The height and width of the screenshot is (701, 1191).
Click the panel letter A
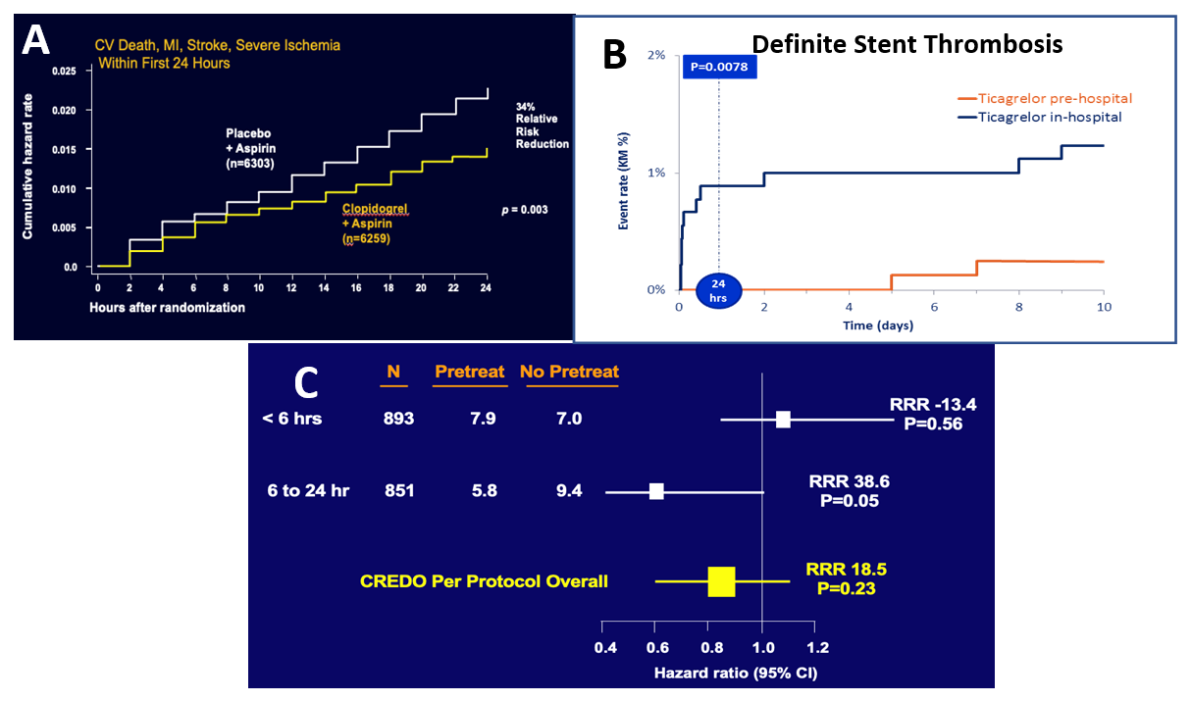pos(37,40)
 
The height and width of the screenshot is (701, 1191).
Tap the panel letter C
pos(307,382)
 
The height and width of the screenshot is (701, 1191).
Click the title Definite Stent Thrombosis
pos(906,44)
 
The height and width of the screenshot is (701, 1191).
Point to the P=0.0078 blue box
pos(719,67)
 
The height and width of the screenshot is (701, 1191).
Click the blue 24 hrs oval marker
pos(718,291)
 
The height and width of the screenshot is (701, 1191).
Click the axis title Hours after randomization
pos(168,307)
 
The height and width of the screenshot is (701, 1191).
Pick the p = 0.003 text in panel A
pos(525,210)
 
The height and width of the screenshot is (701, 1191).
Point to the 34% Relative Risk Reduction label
pos(543,125)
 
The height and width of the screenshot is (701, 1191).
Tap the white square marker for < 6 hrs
pos(783,420)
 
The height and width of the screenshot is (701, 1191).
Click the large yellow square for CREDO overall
pos(721,581)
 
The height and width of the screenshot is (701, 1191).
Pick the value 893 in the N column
pos(398,420)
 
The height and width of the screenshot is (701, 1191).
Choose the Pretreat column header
pos(469,372)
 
